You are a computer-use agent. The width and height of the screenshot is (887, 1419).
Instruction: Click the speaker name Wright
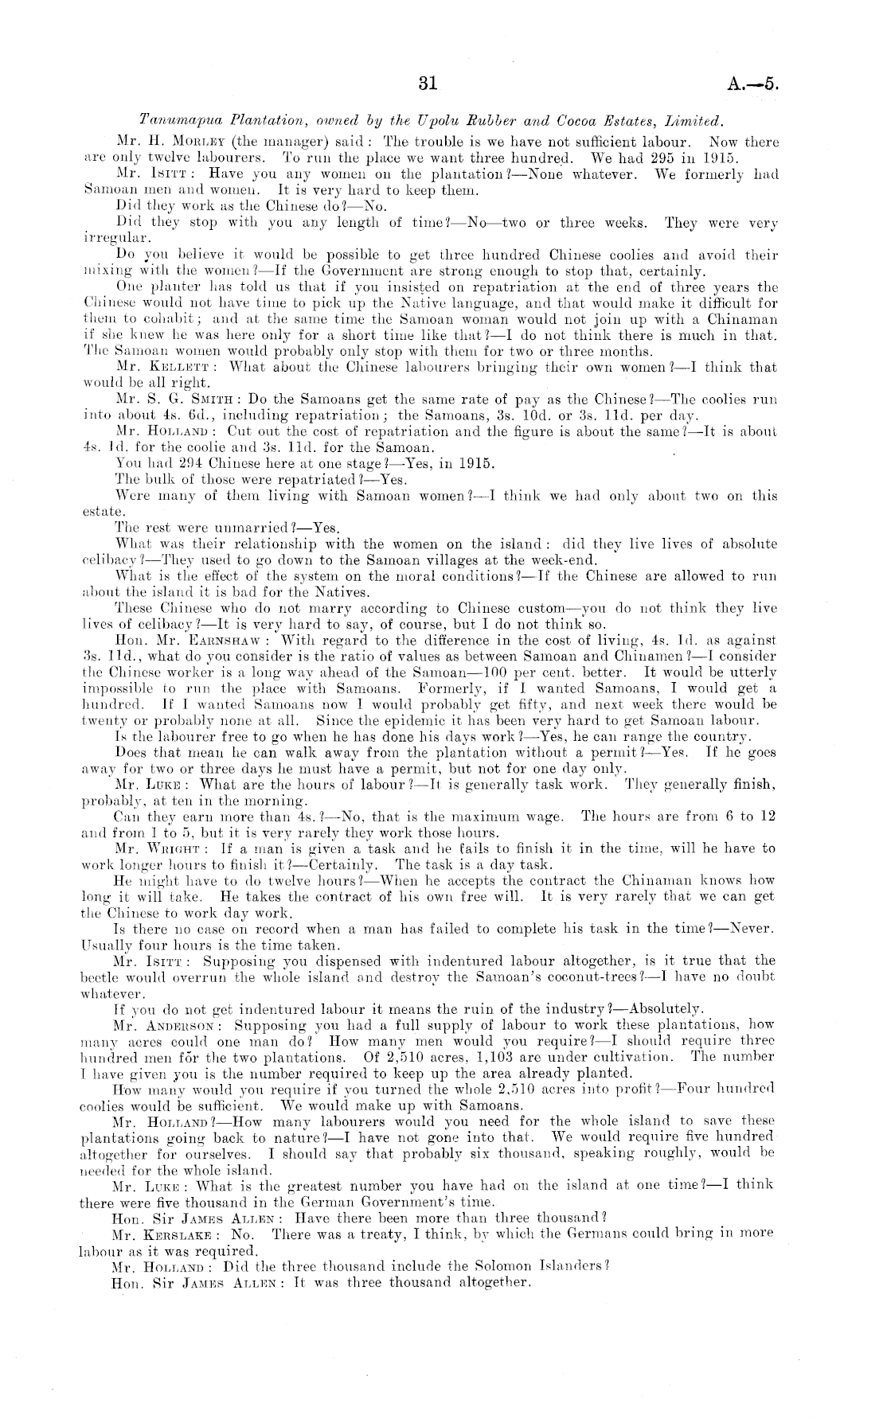click(x=185, y=849)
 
